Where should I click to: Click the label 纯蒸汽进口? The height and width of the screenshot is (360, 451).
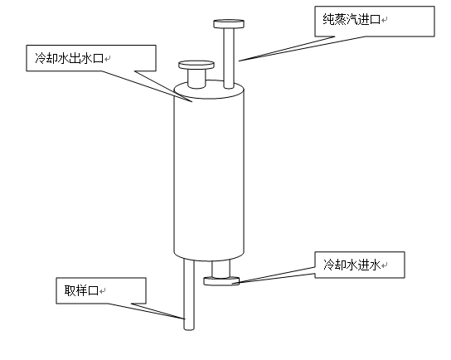coord(352,20)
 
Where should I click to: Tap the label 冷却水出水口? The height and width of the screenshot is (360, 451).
coord(69,58)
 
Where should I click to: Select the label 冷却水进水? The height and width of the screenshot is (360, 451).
coord(352,265)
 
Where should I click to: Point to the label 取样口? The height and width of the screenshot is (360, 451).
coord(81,290)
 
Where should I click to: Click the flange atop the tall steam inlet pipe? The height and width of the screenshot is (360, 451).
coord(229,24)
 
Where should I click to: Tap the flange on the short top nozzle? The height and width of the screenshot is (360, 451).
coord(196,65)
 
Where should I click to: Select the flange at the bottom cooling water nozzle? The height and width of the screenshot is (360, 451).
coord(221,281)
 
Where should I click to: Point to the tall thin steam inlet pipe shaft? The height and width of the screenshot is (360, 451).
coord(229,58)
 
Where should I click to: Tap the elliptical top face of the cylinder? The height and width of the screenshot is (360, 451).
coord(209,90)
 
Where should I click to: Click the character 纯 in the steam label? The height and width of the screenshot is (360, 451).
coord(328,20)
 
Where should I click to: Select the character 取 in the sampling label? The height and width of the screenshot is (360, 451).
coord(70,290)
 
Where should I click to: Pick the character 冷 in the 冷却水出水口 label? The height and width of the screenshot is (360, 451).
coord(41,58)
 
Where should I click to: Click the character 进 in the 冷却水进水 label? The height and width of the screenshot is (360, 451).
coord(363,265)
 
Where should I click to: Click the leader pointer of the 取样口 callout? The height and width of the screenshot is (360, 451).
coord(147,311)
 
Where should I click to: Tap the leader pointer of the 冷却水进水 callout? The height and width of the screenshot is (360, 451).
coord(276,275)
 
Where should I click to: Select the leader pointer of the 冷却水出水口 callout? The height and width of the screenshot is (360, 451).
coord(147,85)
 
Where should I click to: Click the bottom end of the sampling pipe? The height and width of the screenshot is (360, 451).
coord(189,329)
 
